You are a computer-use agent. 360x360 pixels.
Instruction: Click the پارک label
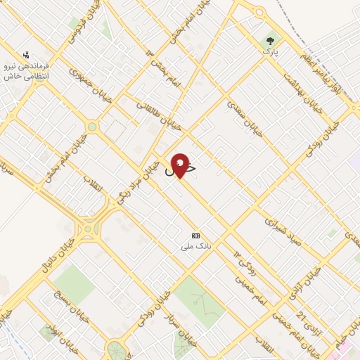[271, 52]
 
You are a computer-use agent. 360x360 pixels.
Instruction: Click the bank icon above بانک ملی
[196, 236]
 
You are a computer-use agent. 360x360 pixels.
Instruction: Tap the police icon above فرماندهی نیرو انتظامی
[27, 54]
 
